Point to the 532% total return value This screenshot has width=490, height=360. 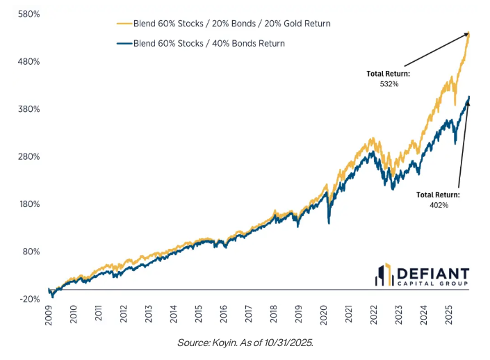pos(389,83)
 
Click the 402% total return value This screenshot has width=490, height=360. pos(439,205)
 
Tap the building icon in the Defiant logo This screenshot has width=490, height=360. pos(385,275)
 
